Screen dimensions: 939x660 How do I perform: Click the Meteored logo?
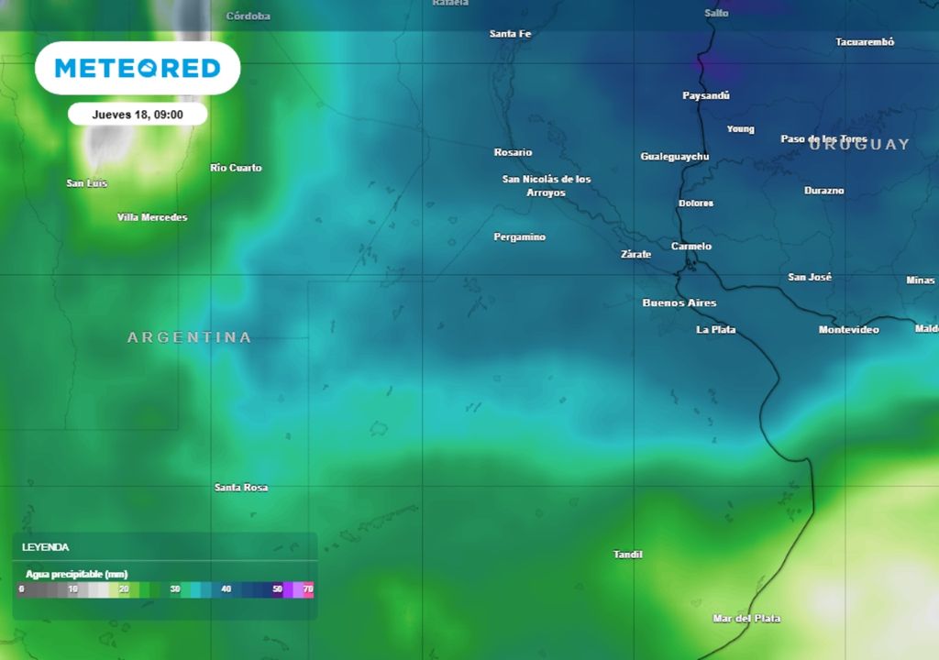(138, 68)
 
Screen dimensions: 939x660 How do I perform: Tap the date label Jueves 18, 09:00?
(138, 115)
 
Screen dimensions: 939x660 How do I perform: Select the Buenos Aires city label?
(679, 302)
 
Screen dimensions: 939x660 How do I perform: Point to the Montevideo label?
(848, 329)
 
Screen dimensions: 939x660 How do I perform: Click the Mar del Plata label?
(746, 619)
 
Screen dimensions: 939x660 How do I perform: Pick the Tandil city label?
(628, 555)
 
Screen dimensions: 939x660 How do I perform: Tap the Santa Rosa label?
(241, 488)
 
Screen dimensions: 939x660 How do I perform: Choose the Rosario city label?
(513, 152)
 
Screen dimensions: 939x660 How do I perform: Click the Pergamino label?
(520, 237)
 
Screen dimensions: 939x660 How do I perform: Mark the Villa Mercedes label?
(152, 217)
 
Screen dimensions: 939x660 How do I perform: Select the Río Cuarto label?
(236, 168)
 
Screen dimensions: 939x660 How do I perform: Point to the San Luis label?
(87, 183)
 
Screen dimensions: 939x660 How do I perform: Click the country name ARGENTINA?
(189, 337)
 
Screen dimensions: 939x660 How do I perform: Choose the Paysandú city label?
(706, 95)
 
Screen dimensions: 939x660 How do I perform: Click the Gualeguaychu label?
(675, 157)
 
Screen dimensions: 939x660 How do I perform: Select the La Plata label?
(716, 329)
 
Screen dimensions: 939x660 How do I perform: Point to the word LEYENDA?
(46, 547)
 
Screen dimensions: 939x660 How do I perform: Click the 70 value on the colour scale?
(308, 588)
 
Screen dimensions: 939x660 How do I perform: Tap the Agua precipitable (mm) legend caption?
(77, 574)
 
